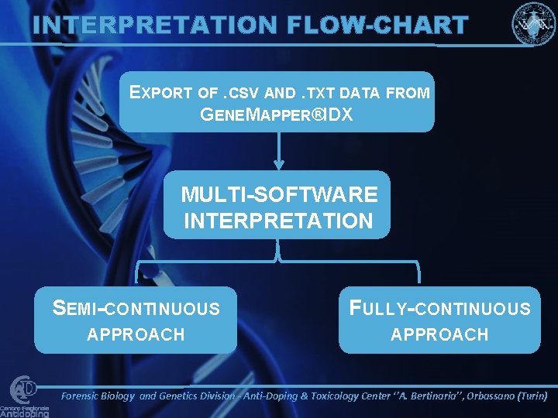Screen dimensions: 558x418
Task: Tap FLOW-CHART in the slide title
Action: [x=377, y=25]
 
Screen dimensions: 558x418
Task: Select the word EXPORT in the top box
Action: [x=161, y=93]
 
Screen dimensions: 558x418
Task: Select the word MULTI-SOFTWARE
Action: [x=279, y=194]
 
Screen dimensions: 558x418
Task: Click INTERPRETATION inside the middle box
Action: [x=278, y=221]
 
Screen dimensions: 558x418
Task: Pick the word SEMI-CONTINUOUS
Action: [x=136, y=309]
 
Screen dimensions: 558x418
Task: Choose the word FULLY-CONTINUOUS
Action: [x=440, y=309]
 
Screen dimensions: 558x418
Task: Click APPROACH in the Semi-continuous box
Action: [x=136, y=334]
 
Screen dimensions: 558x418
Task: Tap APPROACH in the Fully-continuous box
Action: [x=439, y=334]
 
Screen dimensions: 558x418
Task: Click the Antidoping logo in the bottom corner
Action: [x=25, y=397]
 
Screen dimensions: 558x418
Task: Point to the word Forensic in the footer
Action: [x=85, y=396]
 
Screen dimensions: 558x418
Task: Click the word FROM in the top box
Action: [x=407, y=93]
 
